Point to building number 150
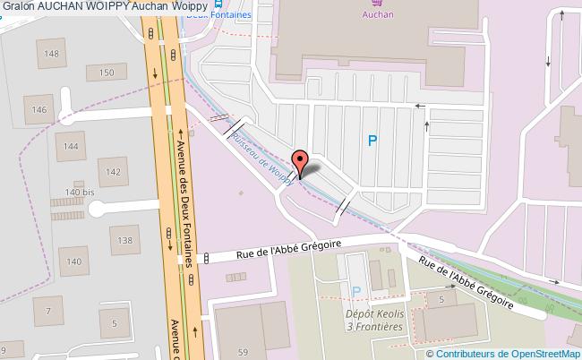point(107,73)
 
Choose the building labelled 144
point(71,145)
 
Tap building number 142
point(113,171)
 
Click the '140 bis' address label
point(79,192)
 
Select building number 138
point(125,240)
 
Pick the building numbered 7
point(46,311)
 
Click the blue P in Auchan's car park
point(372,140)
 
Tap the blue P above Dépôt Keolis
point(356,292)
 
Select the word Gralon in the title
point(18,7)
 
